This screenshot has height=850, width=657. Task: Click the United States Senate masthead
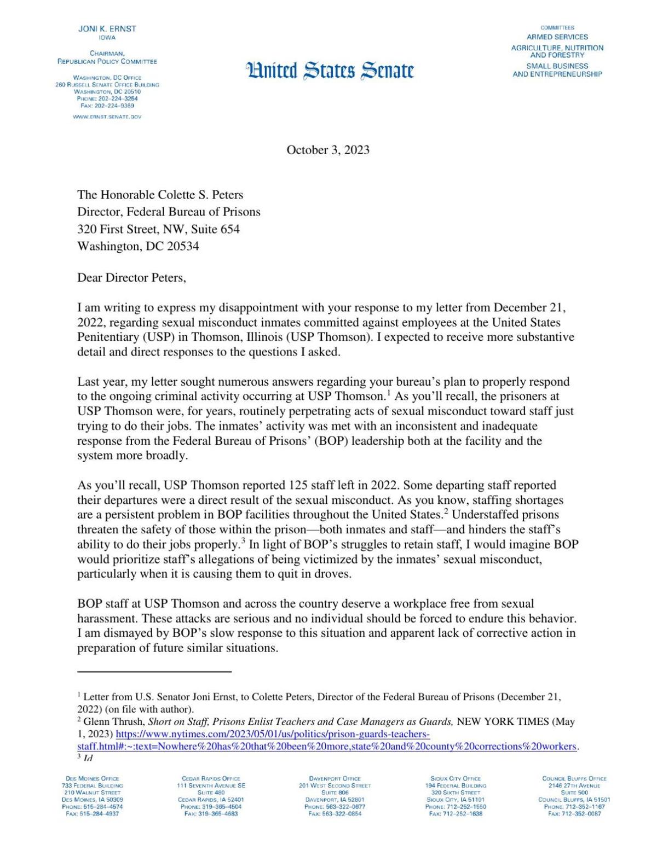[330, 71]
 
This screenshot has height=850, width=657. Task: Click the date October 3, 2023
[328, 150]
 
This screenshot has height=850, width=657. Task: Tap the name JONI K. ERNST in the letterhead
[107, 28]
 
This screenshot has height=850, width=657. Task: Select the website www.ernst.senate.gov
[107, 117]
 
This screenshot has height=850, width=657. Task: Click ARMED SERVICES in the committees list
[557, 37]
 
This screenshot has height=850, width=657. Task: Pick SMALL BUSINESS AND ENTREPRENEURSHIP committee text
[557, 70]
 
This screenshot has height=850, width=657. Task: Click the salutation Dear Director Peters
[131, 277]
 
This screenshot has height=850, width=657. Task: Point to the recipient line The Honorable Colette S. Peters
[160, 195]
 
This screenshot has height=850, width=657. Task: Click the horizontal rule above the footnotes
[154, 671]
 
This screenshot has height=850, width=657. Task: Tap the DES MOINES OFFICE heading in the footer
[92, 778]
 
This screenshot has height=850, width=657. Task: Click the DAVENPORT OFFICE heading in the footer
[335, 778]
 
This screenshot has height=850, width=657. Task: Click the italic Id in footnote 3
[88, 758]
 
